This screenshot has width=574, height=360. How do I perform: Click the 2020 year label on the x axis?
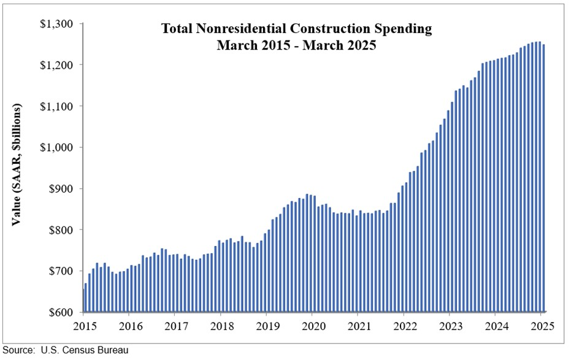[313, 326]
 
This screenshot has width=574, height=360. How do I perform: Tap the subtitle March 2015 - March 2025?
[296, 45]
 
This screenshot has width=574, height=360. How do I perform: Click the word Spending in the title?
[404, 29]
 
